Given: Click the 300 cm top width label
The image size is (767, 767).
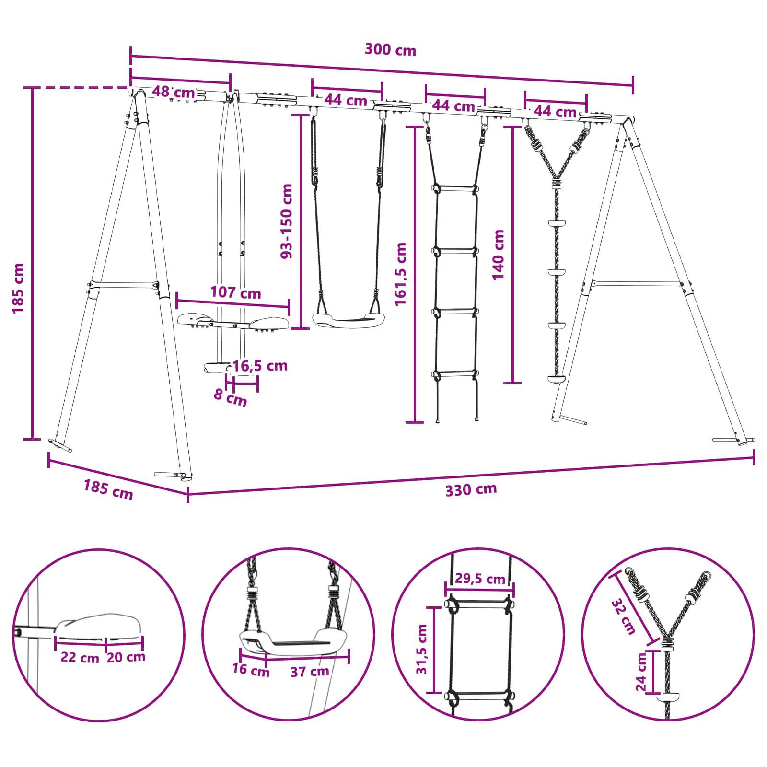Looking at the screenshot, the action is click(390, 50).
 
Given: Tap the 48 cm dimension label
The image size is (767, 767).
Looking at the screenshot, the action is click(174, 92).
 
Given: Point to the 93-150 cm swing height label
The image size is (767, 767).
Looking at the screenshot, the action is click(287, 221).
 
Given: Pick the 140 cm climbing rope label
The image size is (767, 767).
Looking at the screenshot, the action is click(498, 255).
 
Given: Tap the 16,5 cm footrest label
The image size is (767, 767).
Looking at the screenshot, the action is click(260, 366).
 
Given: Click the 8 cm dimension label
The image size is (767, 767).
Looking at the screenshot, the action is click(230, 397).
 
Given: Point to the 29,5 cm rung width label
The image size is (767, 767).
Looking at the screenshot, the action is click(480, 579).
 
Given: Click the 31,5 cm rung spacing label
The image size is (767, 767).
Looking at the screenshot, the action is click(421, 649).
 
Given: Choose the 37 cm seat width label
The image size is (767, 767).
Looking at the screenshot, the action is click(310, 672).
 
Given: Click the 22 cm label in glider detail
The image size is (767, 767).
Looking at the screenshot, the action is click(80, 657).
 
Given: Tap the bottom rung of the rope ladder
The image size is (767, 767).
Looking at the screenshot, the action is click(456, 373).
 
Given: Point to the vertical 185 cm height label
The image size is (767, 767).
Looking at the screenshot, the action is click(18, 288).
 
